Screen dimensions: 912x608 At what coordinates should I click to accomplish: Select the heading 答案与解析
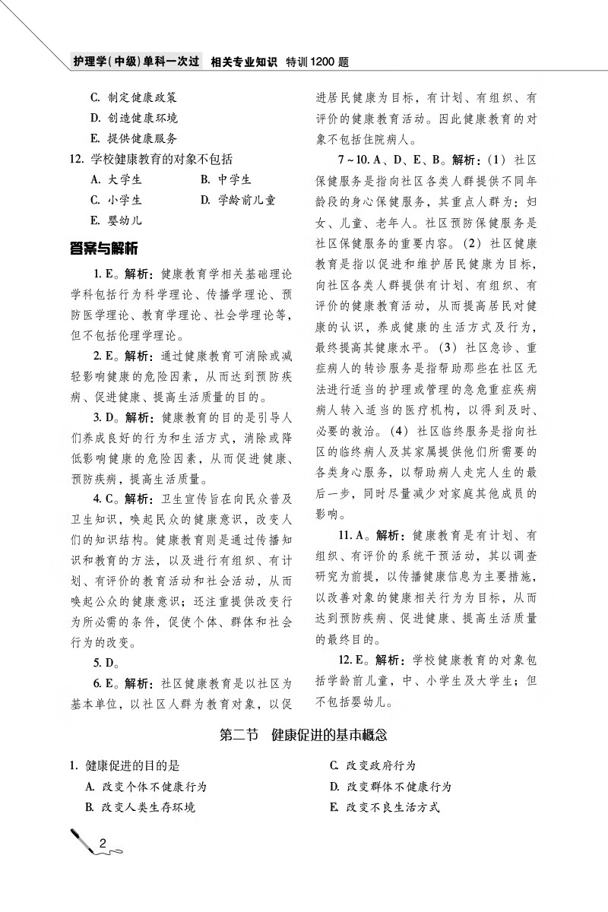(103, 249)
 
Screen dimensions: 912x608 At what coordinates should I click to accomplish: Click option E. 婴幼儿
(116, 221)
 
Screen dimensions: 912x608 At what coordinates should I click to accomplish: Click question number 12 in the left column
(74, 160)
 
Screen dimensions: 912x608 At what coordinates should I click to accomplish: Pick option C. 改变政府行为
(372, 765)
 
